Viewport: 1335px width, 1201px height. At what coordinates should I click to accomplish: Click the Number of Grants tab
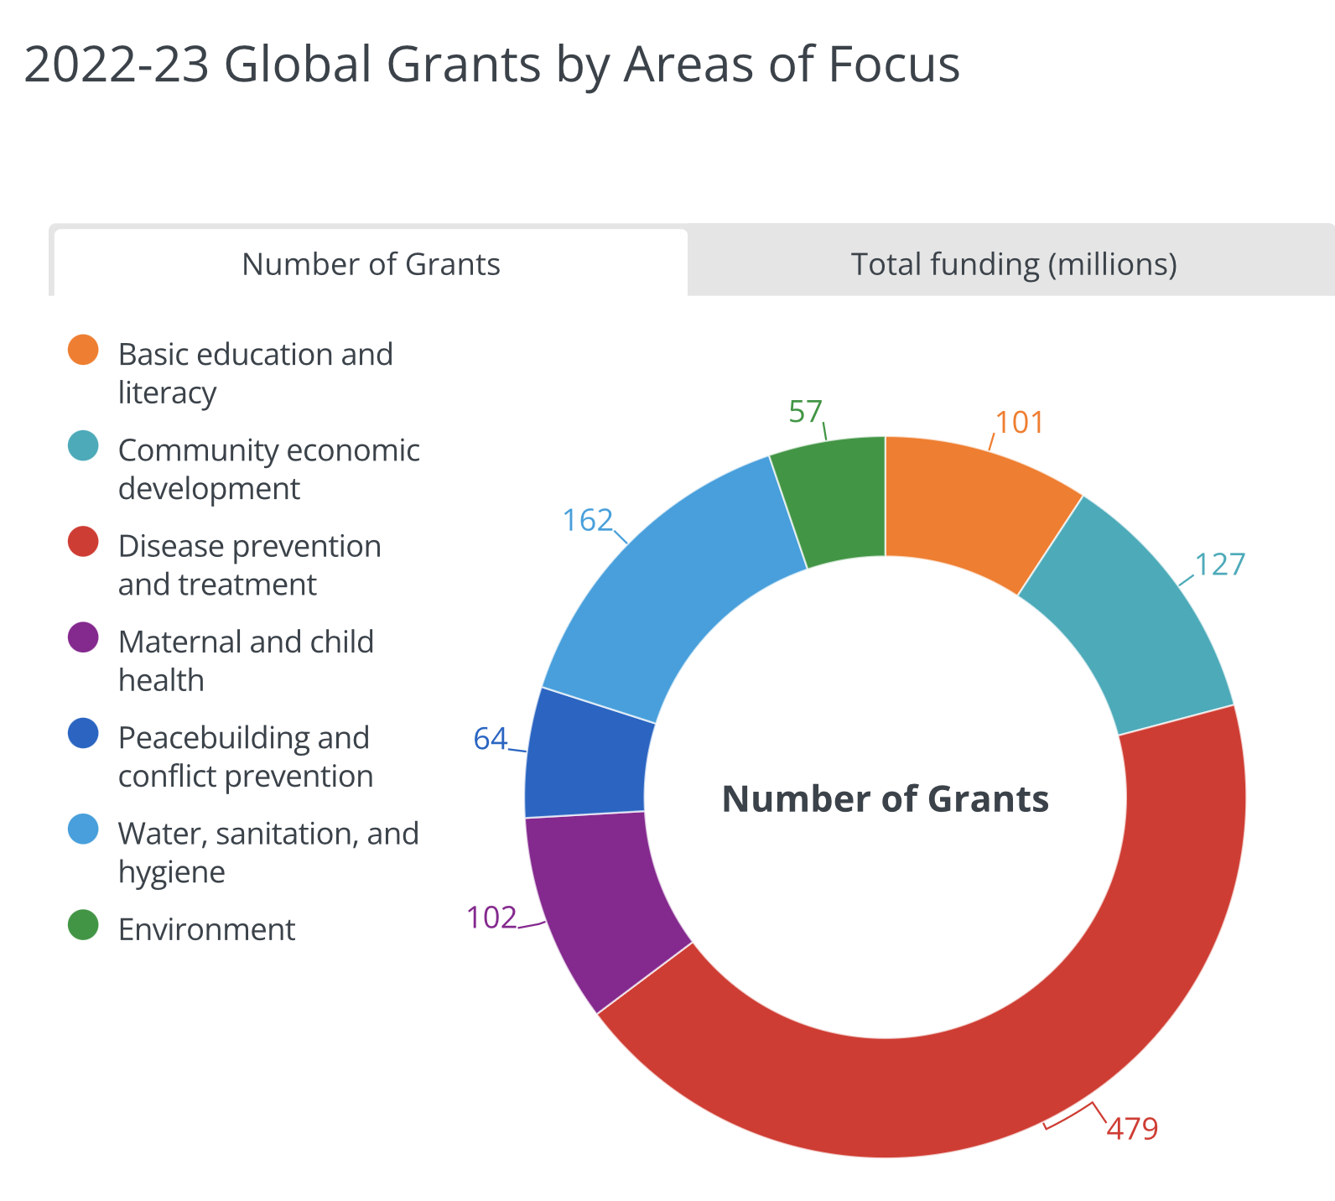[371, 264]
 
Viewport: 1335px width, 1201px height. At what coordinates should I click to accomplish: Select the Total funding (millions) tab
[1013, 264]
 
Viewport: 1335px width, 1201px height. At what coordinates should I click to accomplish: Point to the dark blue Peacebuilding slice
[587, 755]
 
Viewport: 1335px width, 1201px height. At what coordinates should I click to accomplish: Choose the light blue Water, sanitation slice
[671, 587]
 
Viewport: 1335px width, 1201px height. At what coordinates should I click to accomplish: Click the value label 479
[1132, 1129]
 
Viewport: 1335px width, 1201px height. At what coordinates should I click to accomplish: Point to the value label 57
[805, 412]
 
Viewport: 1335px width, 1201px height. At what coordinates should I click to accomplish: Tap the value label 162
[588, 521]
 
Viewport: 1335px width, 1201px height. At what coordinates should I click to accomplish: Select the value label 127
[1220, 564]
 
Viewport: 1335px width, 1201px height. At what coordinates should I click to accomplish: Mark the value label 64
[491, 739]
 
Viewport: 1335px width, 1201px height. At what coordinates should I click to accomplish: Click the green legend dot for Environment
[83, 926]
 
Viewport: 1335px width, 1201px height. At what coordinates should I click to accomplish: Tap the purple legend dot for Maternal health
[83, 639]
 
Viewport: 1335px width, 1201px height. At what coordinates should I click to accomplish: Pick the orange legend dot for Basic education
[83, 351]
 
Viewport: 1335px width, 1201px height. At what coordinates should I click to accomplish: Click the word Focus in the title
[894, 65]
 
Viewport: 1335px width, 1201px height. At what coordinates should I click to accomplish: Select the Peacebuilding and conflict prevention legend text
[245, 756]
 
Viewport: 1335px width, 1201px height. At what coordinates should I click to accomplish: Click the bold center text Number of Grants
[886, 798]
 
